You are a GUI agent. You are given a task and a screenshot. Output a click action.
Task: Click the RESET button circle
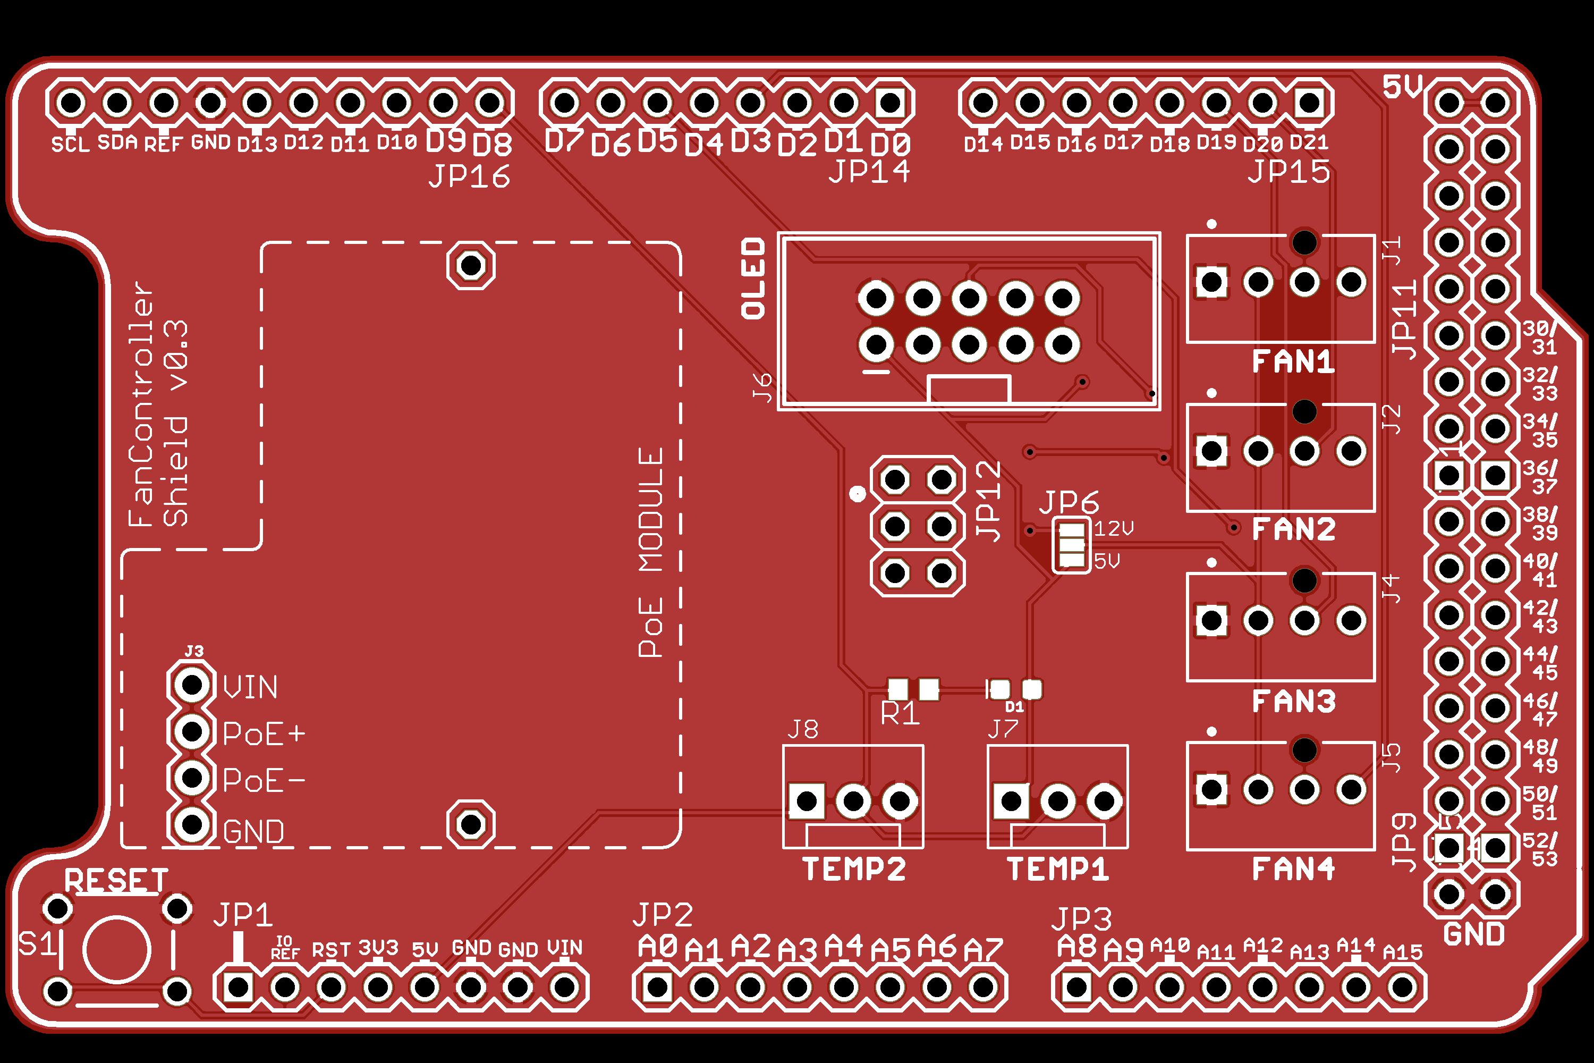(x=116, y=950)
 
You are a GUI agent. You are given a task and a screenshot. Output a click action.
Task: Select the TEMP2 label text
(x=854, y=869)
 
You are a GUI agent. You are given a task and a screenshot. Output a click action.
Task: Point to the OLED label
(x=753, y=278)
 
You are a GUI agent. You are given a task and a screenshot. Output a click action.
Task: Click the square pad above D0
(x=890, y=103)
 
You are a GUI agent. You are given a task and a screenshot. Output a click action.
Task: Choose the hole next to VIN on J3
(x=192, y=685)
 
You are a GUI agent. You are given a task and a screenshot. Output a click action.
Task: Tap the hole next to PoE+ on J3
(x=192, y=731)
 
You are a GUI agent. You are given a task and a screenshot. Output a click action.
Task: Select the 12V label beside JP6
(x=1114, y=528)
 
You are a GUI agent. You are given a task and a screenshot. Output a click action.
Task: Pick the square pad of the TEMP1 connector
(x=1011, y=802)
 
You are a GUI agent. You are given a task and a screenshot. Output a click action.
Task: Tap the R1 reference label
(x=900, y=714)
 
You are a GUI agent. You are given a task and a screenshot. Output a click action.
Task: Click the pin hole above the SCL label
(x=71, y=103)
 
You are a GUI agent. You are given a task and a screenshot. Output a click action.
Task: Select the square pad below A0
(x=657, y=987)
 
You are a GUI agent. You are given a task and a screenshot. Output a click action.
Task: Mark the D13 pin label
(x=257, y=144)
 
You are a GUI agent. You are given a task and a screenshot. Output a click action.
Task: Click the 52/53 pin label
(x=1540, y=849)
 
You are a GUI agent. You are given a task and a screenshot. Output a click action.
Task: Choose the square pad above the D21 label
(x=1309, y=103)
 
